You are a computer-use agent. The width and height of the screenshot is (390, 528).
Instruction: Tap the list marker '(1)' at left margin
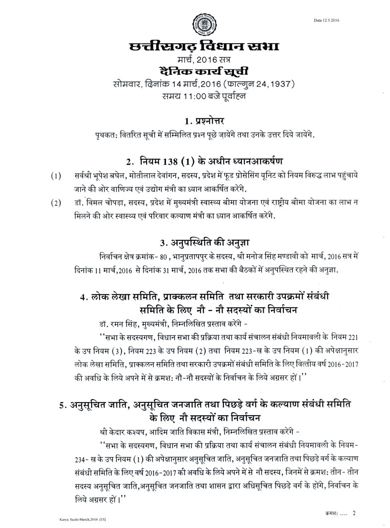pos(56,177)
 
